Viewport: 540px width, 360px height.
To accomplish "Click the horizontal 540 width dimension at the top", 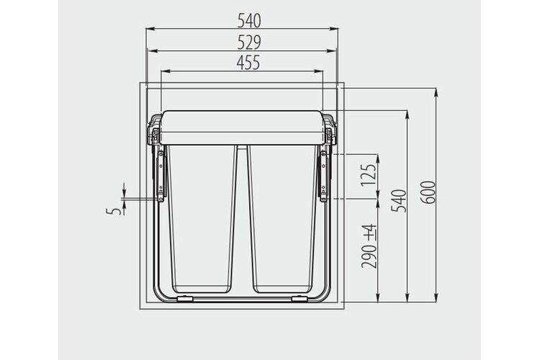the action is click(x=249, y=21).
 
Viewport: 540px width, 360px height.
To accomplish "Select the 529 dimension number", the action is click(x=249, y=42).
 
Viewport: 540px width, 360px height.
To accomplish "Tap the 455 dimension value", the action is click(x=248, y=63).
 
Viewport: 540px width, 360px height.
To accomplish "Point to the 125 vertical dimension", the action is click(x=369, y=176).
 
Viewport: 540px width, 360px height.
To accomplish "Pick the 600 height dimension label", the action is click(x=428, y=192).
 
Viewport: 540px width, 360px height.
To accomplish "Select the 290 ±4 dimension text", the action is click(x=369, y=246).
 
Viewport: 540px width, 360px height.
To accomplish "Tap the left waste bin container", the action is click(x=202, y=219).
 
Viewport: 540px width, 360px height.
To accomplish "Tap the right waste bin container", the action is click(x=282, y=219).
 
